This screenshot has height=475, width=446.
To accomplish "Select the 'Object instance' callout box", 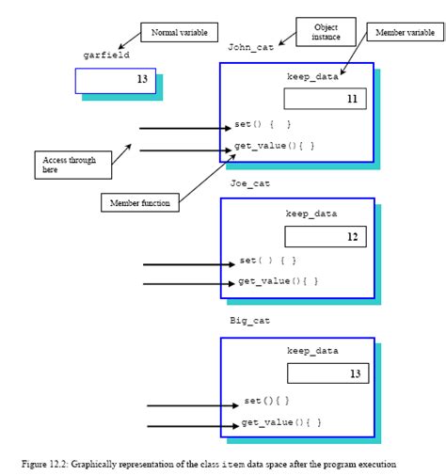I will [327, 33].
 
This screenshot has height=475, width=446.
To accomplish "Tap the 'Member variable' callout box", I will [405, 33].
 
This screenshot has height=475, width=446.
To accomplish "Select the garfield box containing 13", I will [114, 80].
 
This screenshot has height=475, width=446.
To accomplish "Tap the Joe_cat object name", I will [250, 183].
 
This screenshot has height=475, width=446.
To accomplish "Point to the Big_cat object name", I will [250, 321].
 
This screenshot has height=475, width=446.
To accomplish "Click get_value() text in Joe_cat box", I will [278, 281].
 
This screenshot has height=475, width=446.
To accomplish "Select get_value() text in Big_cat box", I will [281, 423].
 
